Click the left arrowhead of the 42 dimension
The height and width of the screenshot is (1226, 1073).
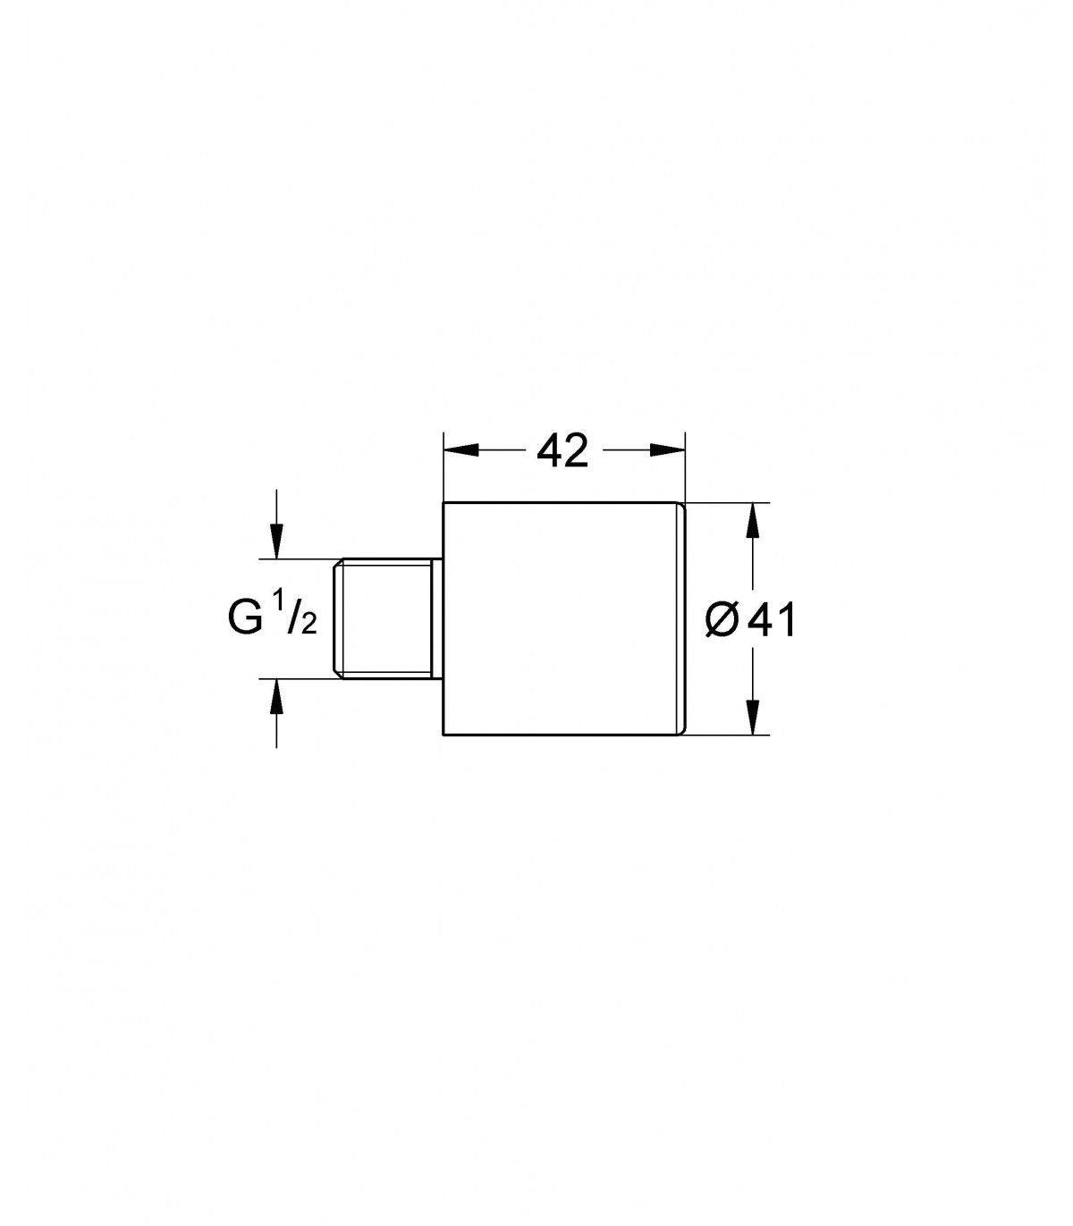[x=461, y=450]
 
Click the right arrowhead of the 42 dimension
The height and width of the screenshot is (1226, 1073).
[x=667, y=450]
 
